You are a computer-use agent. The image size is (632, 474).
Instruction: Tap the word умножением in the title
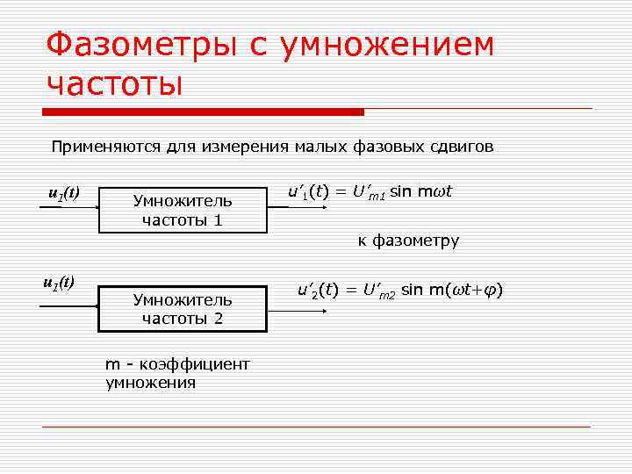[386, 45]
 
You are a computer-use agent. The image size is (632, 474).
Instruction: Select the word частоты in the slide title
[115, 84]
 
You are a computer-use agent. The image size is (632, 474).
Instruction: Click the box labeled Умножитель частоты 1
[183, 210]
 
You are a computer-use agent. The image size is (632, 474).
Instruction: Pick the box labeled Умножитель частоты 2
[183, 308]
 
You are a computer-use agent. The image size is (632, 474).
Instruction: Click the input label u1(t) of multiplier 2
[59, 283]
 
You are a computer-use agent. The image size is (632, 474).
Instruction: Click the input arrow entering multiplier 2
[68, 305]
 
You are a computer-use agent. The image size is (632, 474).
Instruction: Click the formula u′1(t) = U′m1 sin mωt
[370, 192]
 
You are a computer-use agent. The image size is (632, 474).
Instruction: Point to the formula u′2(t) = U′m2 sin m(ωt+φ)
[399, 291]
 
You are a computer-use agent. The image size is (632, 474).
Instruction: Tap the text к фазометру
[407, 241]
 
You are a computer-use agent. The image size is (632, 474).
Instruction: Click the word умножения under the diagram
[150, 383]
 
